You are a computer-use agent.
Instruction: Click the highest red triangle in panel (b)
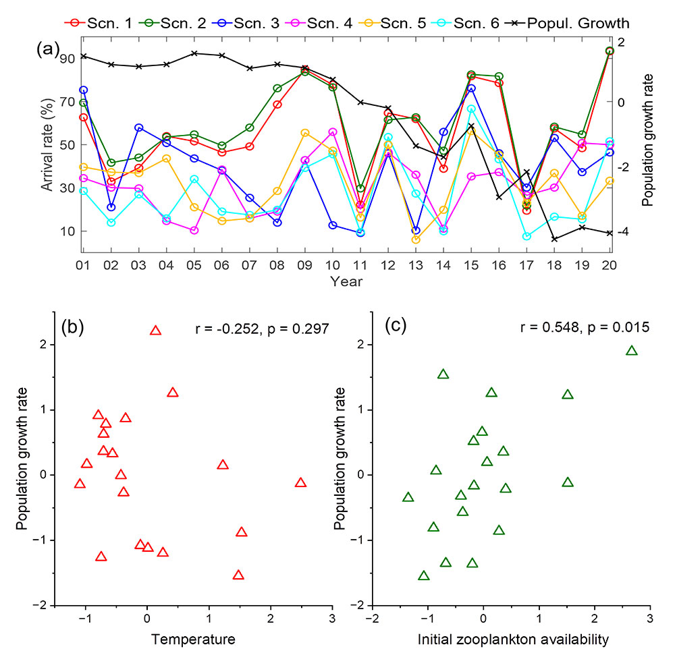156,331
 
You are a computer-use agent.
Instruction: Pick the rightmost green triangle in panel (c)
632,351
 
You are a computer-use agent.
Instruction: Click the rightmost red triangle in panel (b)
300,482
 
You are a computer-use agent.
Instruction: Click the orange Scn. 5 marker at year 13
415,239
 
